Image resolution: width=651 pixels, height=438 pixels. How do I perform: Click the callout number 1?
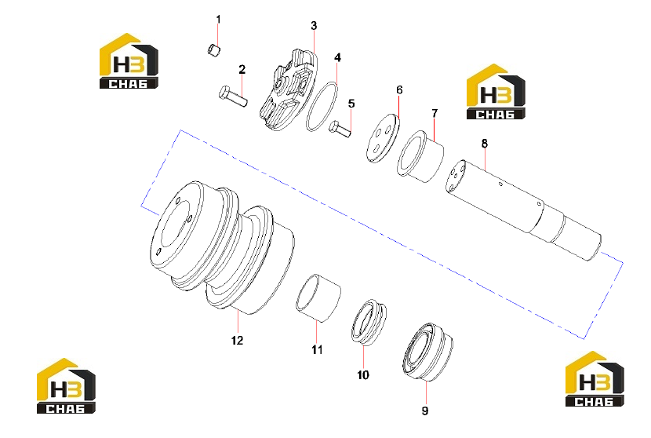218,20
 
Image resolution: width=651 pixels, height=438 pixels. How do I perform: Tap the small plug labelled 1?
213,50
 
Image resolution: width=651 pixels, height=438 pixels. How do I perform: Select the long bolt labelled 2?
233,96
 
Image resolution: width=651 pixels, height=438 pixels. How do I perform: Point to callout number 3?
314,26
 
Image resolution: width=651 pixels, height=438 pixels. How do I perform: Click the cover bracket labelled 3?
289,89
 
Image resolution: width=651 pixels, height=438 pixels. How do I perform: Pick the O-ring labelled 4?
322,107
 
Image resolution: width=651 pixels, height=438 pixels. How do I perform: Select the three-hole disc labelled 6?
383,138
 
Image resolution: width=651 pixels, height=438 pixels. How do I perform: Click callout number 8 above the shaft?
485,144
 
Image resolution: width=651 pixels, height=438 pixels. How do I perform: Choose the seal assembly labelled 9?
427,352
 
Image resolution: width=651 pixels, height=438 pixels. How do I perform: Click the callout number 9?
425,411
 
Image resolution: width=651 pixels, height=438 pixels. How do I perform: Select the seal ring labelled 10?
369,321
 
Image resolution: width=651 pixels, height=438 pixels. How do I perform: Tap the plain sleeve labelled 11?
318,297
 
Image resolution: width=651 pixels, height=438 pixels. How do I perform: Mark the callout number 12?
237,341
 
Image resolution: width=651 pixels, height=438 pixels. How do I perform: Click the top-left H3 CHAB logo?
129,60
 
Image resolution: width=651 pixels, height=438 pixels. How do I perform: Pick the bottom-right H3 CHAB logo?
595,378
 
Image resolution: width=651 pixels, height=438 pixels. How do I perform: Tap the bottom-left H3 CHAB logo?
66,385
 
